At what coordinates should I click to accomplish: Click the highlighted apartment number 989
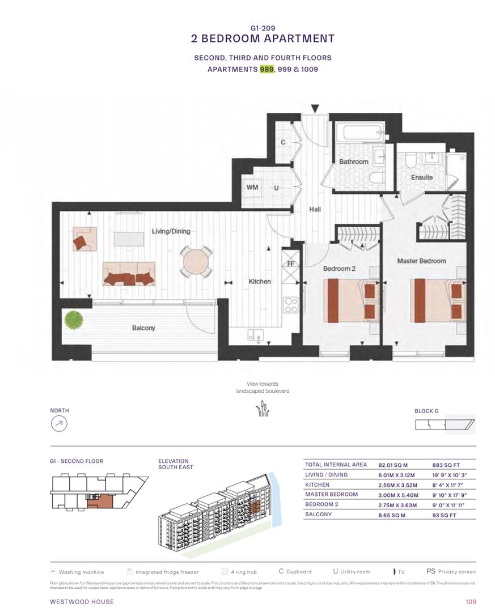click(266, 69)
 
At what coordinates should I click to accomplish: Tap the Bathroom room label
click(353, 161)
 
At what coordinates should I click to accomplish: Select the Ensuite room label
click(422, 177)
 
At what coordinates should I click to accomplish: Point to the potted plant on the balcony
click(74, 320)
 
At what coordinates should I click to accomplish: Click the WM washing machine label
click(252, 188)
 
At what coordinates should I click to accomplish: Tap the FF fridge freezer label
click(290, 263)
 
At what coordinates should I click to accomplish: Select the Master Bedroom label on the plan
click(421, 261)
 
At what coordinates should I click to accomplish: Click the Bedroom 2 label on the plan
click(339, 269)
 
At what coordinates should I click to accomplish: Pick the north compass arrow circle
click(60, 424)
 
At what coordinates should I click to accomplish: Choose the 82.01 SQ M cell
click(393, 465)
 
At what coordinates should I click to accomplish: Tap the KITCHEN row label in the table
click(317, 485)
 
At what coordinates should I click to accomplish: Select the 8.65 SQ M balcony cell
click(391, 516)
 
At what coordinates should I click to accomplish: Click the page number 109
click(470, 602)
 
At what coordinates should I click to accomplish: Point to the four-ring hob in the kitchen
click(291, 305)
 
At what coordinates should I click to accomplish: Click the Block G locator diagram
click(445, 424)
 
